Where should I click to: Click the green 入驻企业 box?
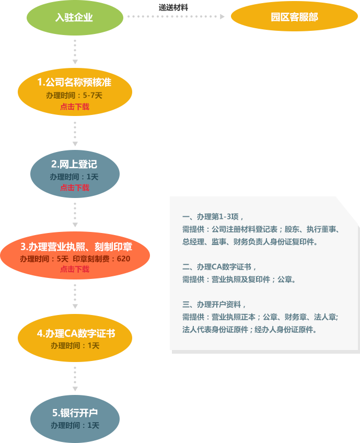pos(75,18)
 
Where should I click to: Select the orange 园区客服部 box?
pos(294,17)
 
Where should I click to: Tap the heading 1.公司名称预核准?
pos(74,82)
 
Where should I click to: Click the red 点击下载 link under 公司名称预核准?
pos(75,107)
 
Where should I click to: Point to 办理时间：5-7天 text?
pos(74,95)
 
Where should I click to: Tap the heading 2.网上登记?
pos(74,164)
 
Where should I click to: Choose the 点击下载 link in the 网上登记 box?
pos(75,188)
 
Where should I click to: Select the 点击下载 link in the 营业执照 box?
pos(75,269)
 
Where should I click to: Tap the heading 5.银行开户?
pos(75,413)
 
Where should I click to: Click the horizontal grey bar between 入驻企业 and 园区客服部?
pos(175,17)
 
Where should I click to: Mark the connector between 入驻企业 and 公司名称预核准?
pos(75,52)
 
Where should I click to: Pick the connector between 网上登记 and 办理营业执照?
pos(75,215)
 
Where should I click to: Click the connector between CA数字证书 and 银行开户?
pos(75,378)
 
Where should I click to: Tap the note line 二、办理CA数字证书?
pos(219,266)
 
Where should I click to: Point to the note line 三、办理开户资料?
pos(214,305)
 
